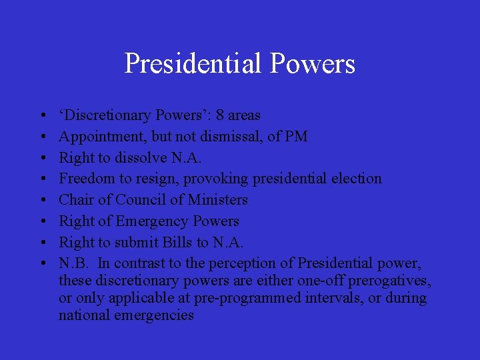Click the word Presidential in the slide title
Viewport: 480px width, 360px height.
193,64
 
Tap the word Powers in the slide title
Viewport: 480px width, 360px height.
313,64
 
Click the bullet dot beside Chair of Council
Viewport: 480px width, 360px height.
42,200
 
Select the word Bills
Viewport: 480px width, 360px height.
188,242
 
